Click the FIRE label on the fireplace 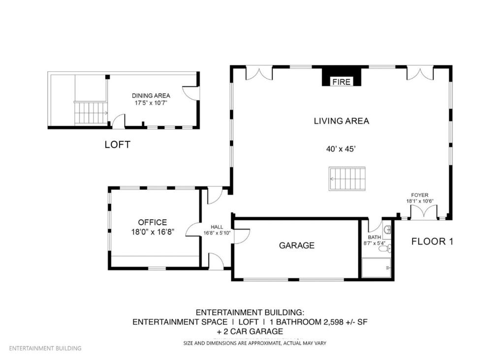[x=341, y=82]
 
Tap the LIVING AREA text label [x=341, y=121]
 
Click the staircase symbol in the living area [x=347, y=179]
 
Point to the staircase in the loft [x=91, y=113]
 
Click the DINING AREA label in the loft [x=151, y=95]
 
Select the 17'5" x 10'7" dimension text [x=151, y=103]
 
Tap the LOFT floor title [x=118, y=145]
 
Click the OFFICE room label [x=152, y=222]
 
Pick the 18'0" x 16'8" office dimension [x=152, y=231]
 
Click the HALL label [x=217, y=227]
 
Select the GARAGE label [x=296, y=245]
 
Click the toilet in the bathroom [x=384, y=249]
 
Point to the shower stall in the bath [x=377, y=268]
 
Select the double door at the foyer [x=423, y=212]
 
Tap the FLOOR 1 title [x=432, y=241]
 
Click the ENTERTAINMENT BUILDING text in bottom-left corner [x=45, y=348]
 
